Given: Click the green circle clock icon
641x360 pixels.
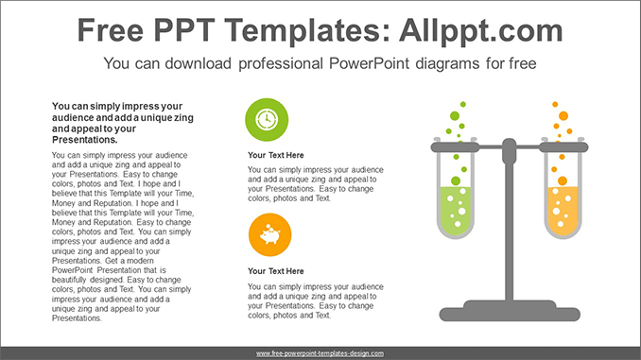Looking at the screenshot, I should click(268, 120).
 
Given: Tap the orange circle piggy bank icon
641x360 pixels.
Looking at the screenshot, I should click(268, 235).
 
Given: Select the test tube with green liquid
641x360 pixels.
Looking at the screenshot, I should click(456, 203).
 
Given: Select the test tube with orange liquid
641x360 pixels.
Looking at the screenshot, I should click(563, 203).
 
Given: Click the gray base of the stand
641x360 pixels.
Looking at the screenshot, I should click(509, 312).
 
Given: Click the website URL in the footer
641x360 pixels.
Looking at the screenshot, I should click(320, 352).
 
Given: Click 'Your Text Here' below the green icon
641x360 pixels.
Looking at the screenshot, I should click(275, 155).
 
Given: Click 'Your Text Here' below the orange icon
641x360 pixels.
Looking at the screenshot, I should click(275, 271).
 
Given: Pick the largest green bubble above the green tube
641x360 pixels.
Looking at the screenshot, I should click(455, 116).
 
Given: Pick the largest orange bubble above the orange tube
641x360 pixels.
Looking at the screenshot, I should click(563, 115).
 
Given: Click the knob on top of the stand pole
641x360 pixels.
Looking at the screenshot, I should click(509, 145).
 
